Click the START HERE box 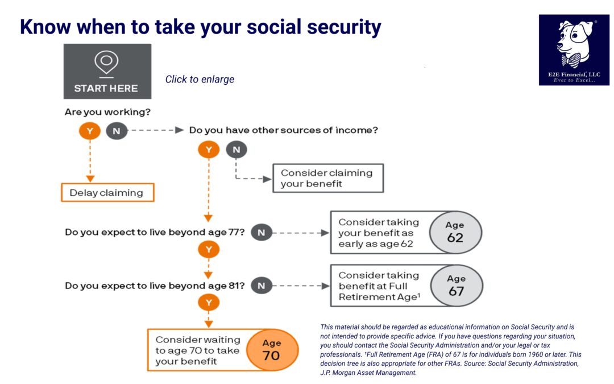[107, 71]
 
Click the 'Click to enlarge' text [200, 79]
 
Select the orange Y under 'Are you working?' [89, 131]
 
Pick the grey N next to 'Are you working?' [116, 131]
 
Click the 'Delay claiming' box [107, 192]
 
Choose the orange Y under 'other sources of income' [208, 150]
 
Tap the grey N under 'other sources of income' [236, 150]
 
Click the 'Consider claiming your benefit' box [327, 178]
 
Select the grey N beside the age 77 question [261, 232]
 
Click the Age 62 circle [455, 232]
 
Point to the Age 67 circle [456, 286]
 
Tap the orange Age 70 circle [272, 350]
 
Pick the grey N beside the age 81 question [261, 286]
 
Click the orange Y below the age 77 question [208, 250]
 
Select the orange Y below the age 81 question [208, 303]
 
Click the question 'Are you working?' [107, 112]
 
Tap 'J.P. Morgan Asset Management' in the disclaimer [368, 373]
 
